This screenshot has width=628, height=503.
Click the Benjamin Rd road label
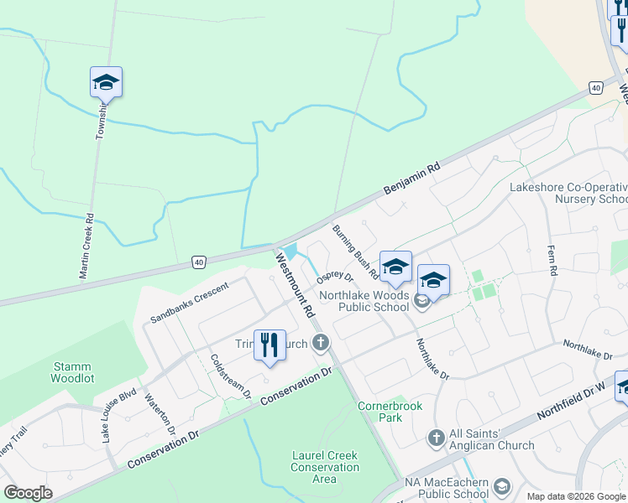click(411, 180)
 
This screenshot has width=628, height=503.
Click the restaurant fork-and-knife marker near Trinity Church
click(270, 345)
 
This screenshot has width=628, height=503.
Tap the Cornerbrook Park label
click(390, 412)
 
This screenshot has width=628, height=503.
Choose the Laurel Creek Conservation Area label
click(324, 467)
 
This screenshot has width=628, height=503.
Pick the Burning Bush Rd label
click(356, 252)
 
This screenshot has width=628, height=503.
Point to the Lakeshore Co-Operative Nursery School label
click(568, 193)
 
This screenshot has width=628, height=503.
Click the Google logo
click(28, 493)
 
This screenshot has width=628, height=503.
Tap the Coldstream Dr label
click(232, 375)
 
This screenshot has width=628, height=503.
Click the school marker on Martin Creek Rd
click(106, 83)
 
